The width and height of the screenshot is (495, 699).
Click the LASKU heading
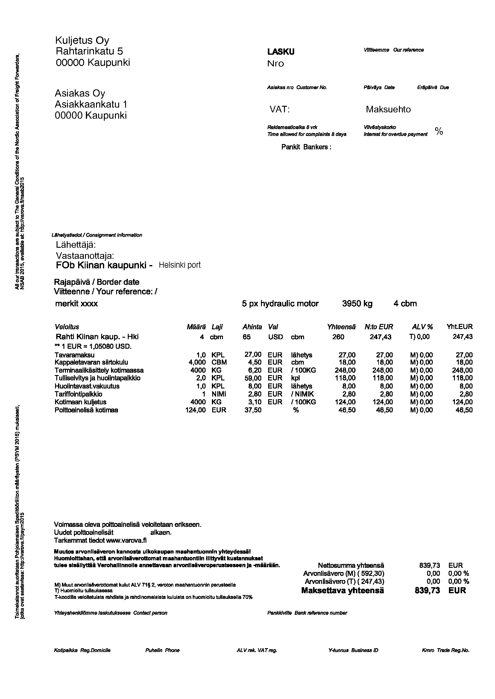[x=281, y=52]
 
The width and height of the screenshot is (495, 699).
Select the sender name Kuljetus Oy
[x=82, y=40]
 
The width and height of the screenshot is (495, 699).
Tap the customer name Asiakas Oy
[x=80, y=93]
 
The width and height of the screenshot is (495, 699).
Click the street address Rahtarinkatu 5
[x=89, y=51]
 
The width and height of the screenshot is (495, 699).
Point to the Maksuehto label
[x=388, y=109]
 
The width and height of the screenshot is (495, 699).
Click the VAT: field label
[x=279, y=109]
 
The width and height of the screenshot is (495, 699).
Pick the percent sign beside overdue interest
[x=439, y=131]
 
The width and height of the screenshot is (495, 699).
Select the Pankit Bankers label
[x=306, y=147]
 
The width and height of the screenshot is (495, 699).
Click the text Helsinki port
[x=180, y=265]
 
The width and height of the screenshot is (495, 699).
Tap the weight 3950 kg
[x=357, y=304]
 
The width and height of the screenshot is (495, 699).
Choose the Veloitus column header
[x=67, y=327]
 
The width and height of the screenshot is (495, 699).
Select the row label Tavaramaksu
[x=75, y=355]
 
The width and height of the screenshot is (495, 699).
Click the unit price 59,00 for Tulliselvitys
[x=253, y=378]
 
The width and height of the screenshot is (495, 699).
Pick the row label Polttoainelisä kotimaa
[x=86, y=410]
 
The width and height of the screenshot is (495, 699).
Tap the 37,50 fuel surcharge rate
[x=253, y=410]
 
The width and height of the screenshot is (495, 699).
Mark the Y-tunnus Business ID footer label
[x=353, y=650]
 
